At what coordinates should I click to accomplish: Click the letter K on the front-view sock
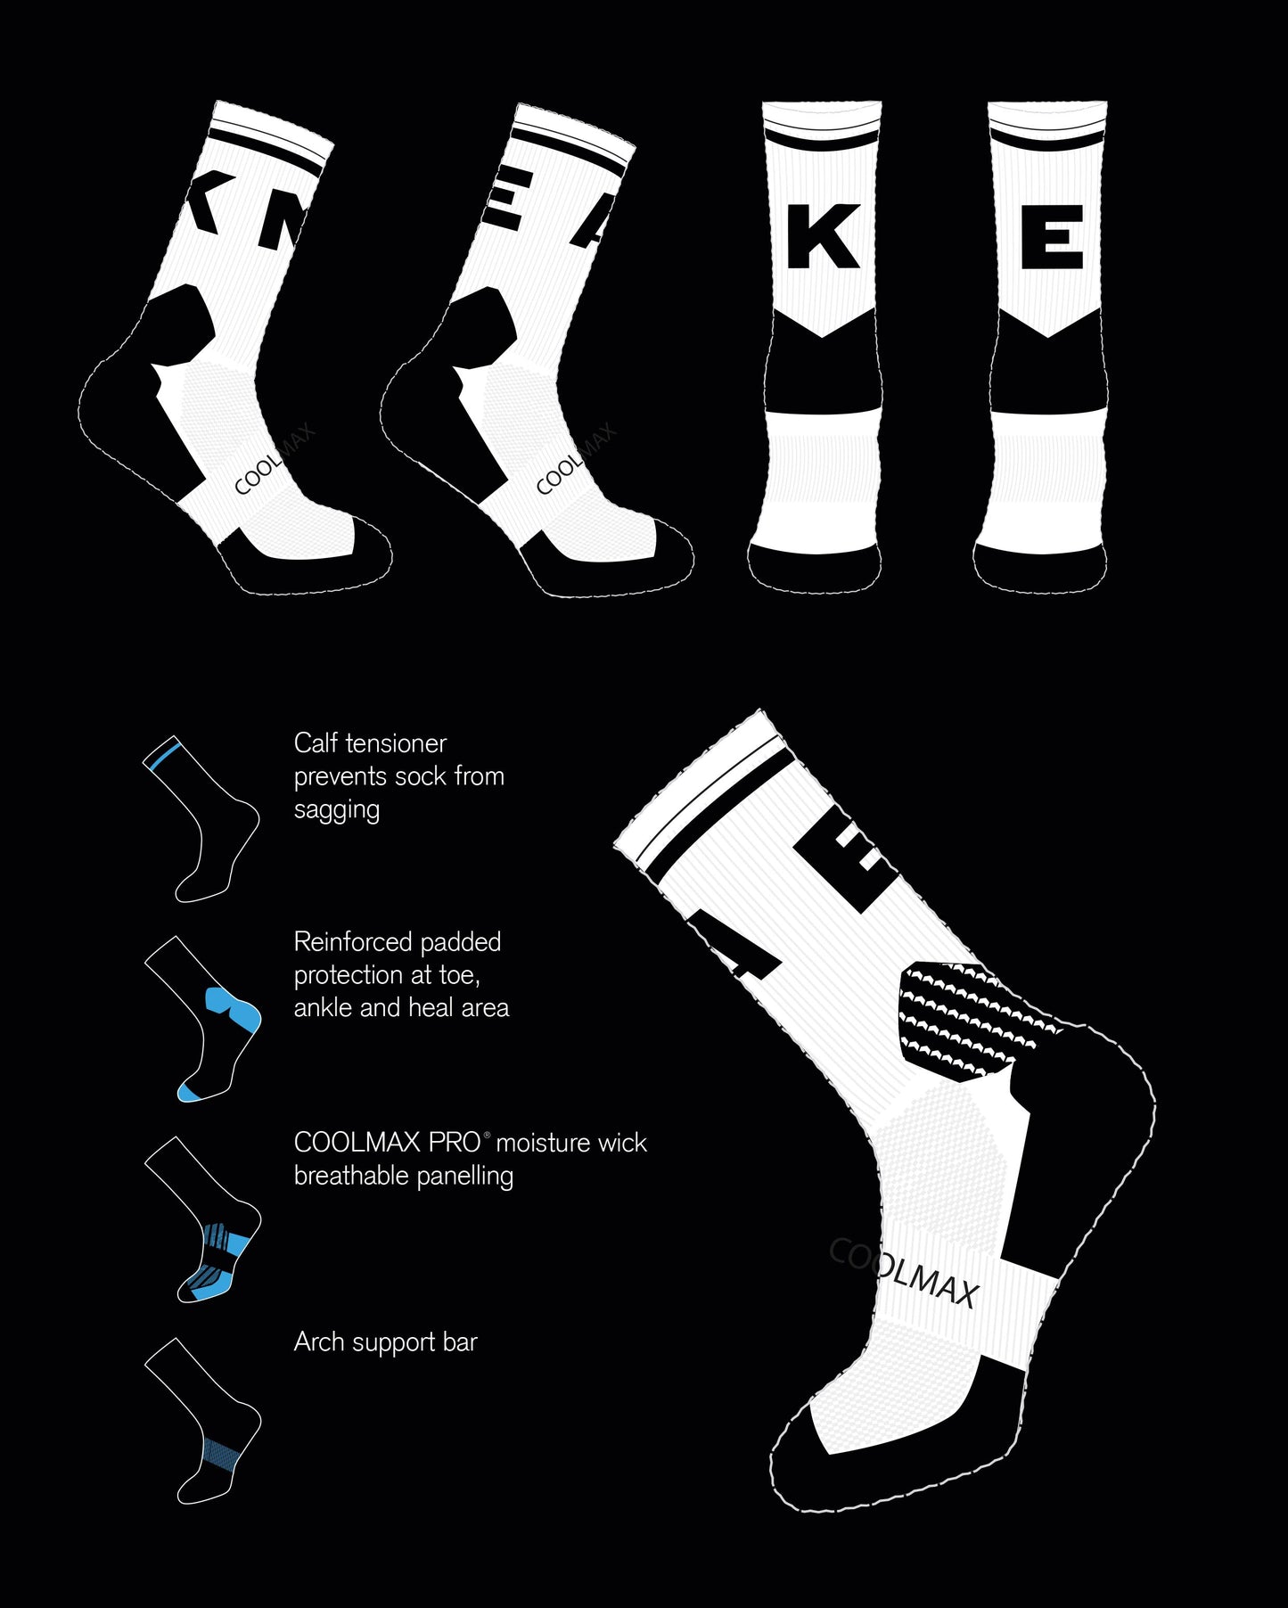coord(822,236)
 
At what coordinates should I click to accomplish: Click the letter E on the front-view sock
coord(1052,236)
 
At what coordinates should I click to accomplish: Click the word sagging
coord(337,811)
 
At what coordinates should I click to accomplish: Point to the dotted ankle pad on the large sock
coord(972,1021)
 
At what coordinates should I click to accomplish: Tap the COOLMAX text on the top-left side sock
coord(274,460)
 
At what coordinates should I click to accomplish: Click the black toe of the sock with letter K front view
coord(815,567)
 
